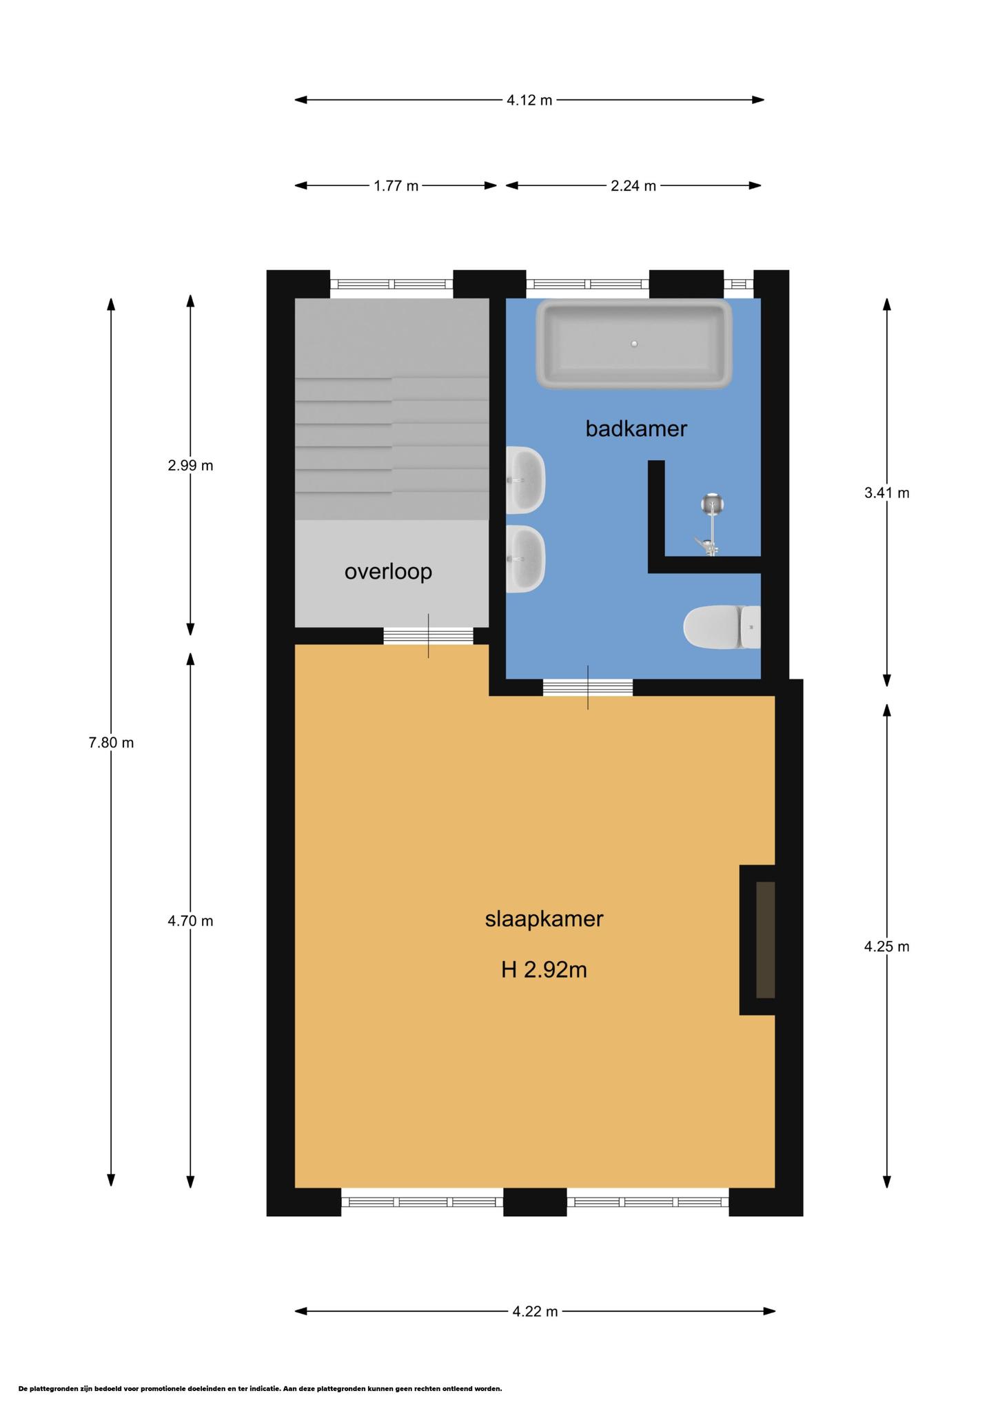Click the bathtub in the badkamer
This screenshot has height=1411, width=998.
(x=634, y=344)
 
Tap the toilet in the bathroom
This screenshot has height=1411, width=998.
(x=722, y=627)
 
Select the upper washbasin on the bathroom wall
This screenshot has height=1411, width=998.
(x=525, y=480)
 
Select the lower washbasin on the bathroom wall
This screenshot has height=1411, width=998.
(x=525, y=559)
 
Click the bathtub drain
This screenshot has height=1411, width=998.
(x=634, y=344)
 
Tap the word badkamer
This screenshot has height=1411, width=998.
(x=636, y=429)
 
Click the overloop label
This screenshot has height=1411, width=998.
(x=388, y=571)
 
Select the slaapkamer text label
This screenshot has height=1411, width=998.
(x=544, y=919)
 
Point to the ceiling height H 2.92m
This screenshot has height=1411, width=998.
(x=544, y=970)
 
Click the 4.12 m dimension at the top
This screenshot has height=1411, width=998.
(x=529, y=101)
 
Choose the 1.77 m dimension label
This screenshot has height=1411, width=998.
(x=396, y=186)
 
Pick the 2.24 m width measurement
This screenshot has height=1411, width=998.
(x=633, y=186)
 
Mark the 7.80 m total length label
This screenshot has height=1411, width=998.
(x=111, y=743)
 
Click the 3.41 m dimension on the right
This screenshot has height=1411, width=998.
(x=886, y=493)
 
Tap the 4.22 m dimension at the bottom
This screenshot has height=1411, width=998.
(x=535, y=1312)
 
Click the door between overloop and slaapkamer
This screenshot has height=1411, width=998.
(x=428, y=636)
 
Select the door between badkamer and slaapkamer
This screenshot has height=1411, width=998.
(x=587, y=688)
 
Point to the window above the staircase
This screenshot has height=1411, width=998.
(x=391, y=284)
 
